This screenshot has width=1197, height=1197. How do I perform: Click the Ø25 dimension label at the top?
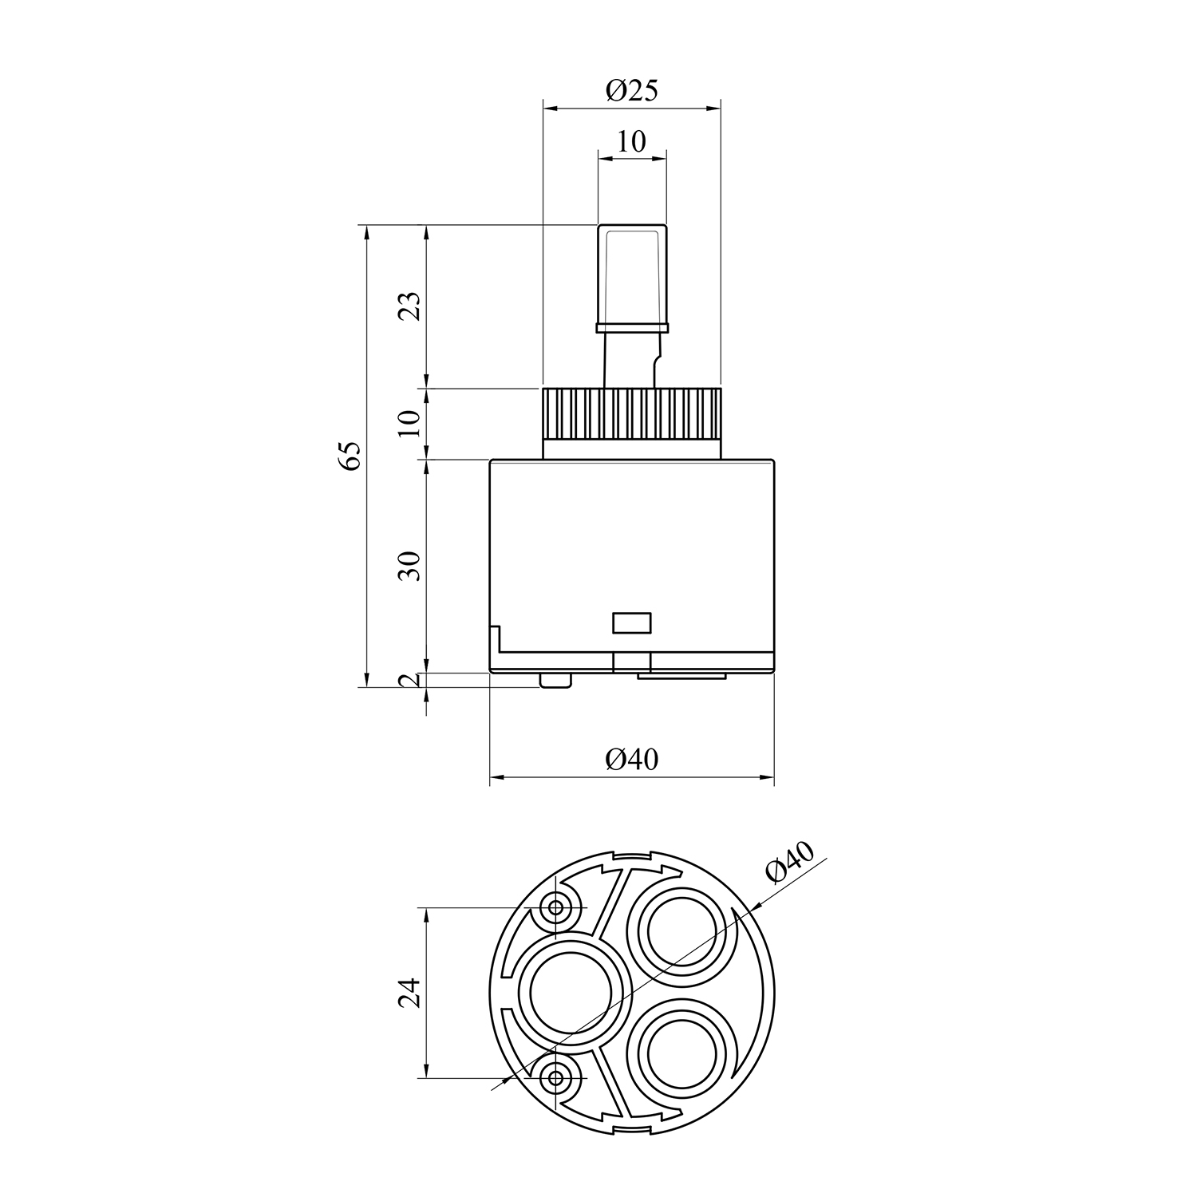631,92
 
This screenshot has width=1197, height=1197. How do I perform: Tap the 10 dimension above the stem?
631,142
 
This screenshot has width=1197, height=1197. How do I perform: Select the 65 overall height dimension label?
351,456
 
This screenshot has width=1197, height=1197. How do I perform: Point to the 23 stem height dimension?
409,306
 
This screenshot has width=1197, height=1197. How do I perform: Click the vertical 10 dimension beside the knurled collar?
409,423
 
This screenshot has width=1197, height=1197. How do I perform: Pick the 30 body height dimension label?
409,566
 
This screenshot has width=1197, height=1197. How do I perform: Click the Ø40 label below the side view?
631,758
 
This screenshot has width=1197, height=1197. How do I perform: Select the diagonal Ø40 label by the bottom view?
789,863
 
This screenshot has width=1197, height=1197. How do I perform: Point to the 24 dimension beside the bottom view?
409,992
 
